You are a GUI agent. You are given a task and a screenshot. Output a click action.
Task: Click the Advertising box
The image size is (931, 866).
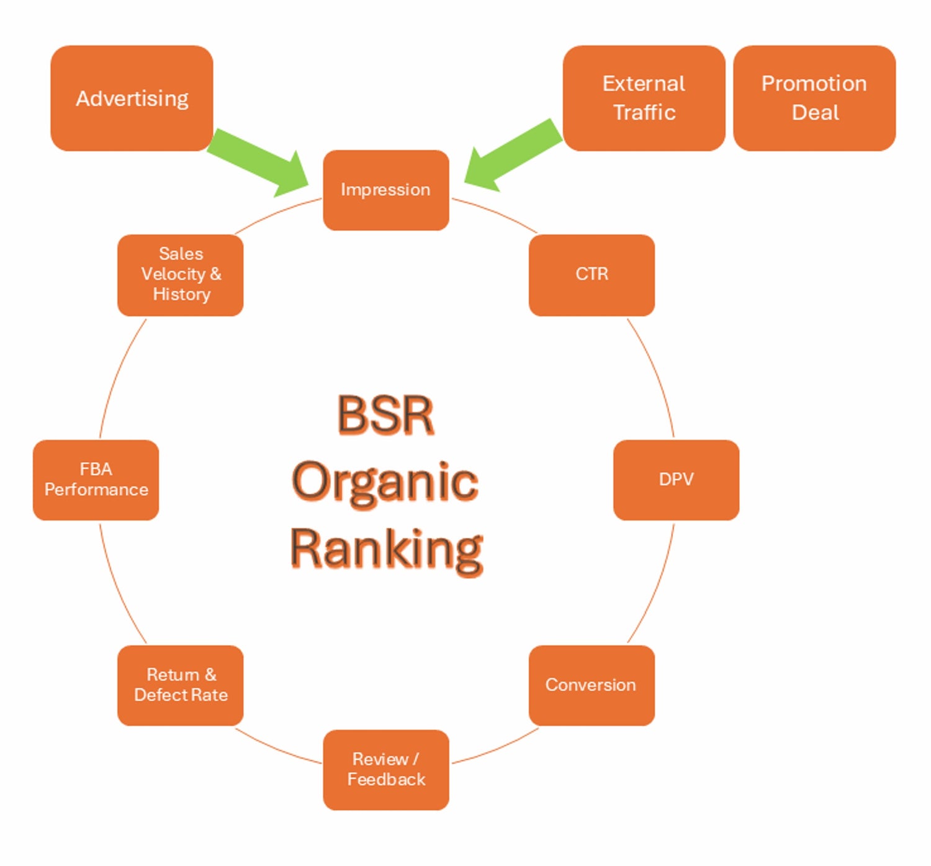[132, 98]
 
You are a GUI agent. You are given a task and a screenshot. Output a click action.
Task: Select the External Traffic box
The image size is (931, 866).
[644, 98]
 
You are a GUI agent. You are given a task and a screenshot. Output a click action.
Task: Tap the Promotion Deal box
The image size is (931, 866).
[814, 98]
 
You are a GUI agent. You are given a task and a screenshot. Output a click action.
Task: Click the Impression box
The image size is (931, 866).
[385, 190]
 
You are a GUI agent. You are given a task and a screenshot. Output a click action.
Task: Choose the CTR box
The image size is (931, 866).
[591, 275]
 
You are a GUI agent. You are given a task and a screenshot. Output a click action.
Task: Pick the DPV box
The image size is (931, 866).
[676, 480]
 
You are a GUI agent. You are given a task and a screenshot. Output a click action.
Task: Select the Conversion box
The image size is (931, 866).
[591, 685]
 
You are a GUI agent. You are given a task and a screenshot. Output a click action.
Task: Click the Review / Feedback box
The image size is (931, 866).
[385, 769]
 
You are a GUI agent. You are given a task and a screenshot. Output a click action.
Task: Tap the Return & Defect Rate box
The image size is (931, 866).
[180, 685]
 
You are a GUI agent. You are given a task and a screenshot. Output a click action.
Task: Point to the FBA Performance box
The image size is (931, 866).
[96, 480]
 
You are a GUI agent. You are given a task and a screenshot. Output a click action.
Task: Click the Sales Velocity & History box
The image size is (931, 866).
[180, 275]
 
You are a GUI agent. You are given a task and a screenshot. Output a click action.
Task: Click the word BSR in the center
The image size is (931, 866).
[385, 414]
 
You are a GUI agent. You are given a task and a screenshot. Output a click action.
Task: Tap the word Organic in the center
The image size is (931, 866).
[385, 483]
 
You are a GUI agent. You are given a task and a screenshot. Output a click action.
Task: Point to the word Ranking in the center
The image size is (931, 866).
[385, 550]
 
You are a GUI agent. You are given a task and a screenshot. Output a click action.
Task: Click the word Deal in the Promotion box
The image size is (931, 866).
[815, 112]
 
